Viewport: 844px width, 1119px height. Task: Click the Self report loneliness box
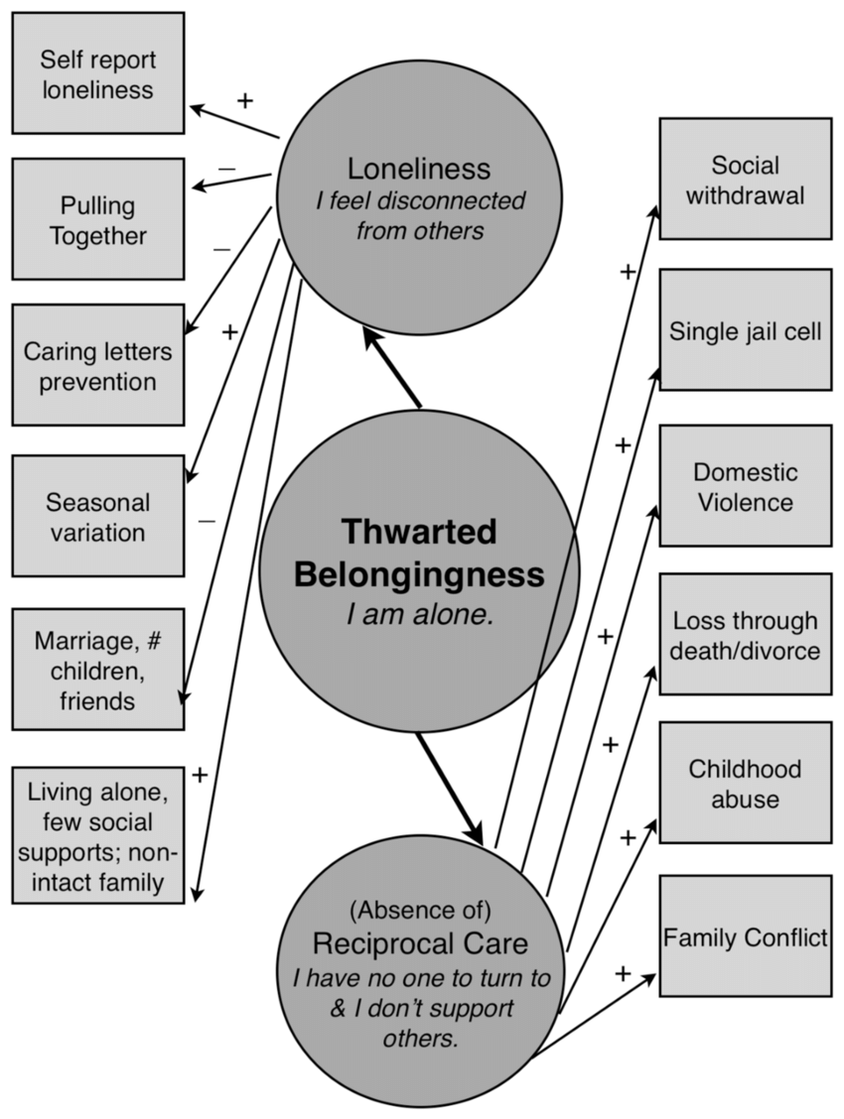[97, 73]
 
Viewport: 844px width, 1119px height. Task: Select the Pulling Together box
[97, 220]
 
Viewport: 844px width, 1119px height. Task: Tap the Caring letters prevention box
[97, 366]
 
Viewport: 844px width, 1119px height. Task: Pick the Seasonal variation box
[97, 516]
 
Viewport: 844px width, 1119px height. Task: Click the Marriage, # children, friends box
[97, 670]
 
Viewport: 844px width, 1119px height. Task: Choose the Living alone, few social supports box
[97, 835]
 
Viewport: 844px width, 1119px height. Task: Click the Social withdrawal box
[745, 180]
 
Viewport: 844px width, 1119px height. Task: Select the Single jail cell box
[745, 330]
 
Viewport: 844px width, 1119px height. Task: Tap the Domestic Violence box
[745, 486]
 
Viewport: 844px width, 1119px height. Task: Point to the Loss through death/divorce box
[745, 635]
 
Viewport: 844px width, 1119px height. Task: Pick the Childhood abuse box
[745, 783]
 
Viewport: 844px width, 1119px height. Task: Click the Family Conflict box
[745, 936]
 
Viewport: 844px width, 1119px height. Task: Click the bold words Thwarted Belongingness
[418, 554]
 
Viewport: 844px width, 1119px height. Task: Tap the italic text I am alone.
[419, 615]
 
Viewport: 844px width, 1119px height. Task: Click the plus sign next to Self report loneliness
[244, 100]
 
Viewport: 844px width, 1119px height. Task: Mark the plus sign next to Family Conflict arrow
[623, 973]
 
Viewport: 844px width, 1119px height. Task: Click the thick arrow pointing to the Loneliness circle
[391, 366]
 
